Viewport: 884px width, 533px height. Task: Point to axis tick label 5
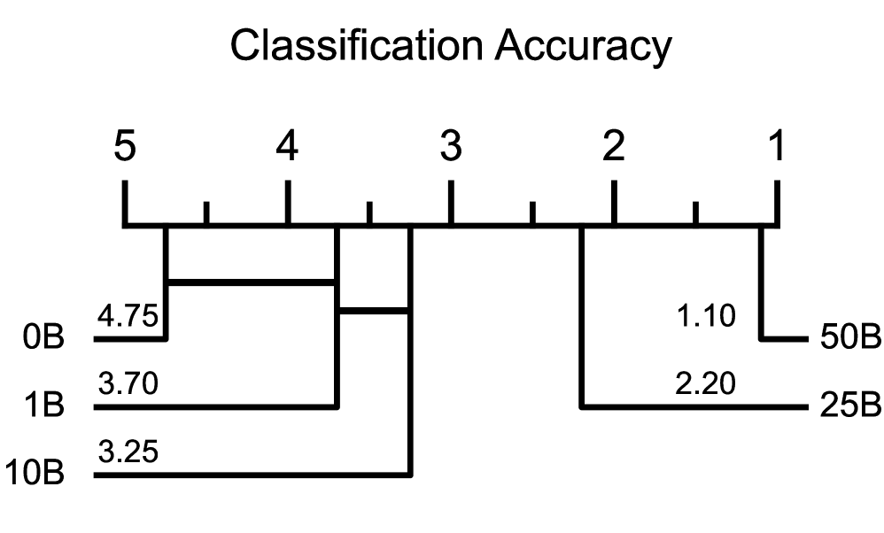tap(125, 147)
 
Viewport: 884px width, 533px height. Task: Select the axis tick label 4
tap(288, 147)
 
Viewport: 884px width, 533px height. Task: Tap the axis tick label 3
tap(451, 147)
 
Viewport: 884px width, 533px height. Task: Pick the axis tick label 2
tap(613, 147)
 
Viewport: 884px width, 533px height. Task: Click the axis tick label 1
tap(776, 147)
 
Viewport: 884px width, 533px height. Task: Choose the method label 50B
tap(848, 339)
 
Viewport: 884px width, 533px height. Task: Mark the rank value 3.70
tap(128, 385)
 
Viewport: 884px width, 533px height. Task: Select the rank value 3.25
tap(128, 453)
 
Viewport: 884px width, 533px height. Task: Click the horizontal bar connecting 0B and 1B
tap(252, 282)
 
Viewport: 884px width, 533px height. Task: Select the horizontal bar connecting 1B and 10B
tap(374, 311)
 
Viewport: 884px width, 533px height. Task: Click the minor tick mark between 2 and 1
tap(695, 212)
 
